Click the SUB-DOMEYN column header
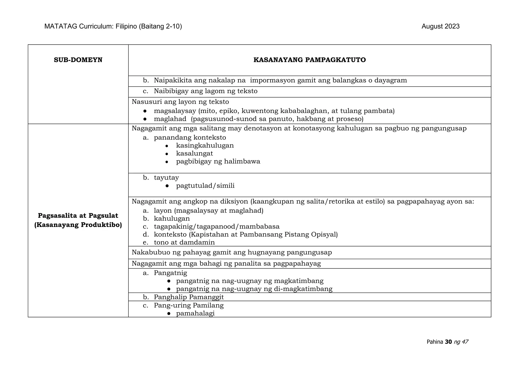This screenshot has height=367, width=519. (78, 60)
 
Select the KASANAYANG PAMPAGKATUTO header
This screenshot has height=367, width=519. (309, 60)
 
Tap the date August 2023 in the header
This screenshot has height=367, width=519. (440, 27)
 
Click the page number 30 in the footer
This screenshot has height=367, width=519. (448, 342)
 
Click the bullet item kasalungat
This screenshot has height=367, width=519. (194, 153)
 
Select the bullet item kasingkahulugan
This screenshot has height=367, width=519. (205, 146)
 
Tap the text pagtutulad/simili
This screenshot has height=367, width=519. (205, 186)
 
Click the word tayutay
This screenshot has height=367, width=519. (166, 178)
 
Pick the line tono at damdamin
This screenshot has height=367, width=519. (184, 242)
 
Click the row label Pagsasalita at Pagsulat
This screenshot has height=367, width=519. (78, 216)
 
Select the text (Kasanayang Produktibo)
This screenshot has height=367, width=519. (78, 225)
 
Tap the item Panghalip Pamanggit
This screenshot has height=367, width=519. (189, 297)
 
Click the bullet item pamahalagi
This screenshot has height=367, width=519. (195, 314)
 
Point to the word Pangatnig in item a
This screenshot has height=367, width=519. (170, 273)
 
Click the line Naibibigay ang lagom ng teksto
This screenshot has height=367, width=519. (206, 91)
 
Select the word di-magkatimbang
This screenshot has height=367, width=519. (303, 289)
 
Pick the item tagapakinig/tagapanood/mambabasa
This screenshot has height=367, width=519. (217, 227)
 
